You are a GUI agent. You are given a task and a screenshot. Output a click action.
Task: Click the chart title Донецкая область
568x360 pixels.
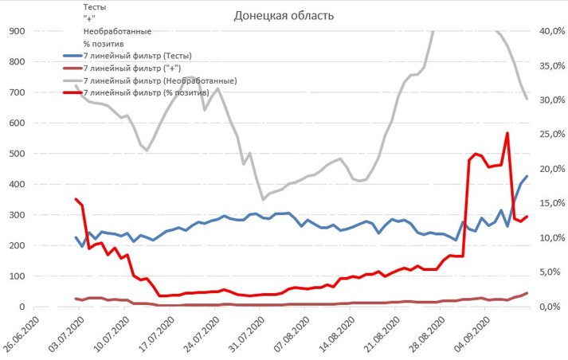pyautogui.click(x=284, y=16)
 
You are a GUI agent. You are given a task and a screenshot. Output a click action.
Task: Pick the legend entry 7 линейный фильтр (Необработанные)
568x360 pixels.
pyautogui.click(x=159, y=81)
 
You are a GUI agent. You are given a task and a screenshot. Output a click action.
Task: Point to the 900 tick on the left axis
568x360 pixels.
pyautogui.click(x=17, y=31)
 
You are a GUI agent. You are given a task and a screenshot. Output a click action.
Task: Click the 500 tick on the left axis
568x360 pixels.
pyautogui.click(x=17, y=154)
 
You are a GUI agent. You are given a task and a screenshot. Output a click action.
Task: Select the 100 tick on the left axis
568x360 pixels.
pyautogui.click(x=17, y=276)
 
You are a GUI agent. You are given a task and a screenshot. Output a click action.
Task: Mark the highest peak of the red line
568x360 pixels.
pyautogui.click(x=507, y=133)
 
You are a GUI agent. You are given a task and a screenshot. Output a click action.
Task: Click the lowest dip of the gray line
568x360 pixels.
pyautogui.click(x=263, y=200)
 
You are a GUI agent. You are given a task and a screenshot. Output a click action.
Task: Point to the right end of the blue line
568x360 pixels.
pyautogui.click(x=527, y=176)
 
